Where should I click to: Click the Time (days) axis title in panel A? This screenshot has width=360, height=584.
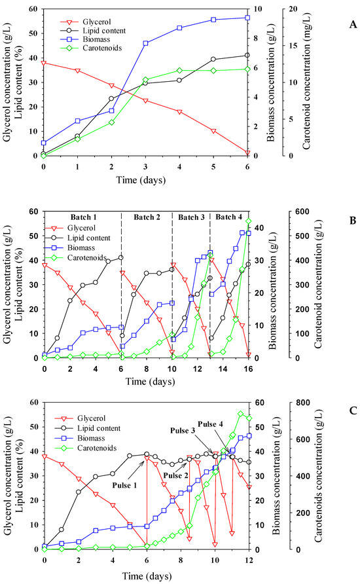click(x=145, y=179)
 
